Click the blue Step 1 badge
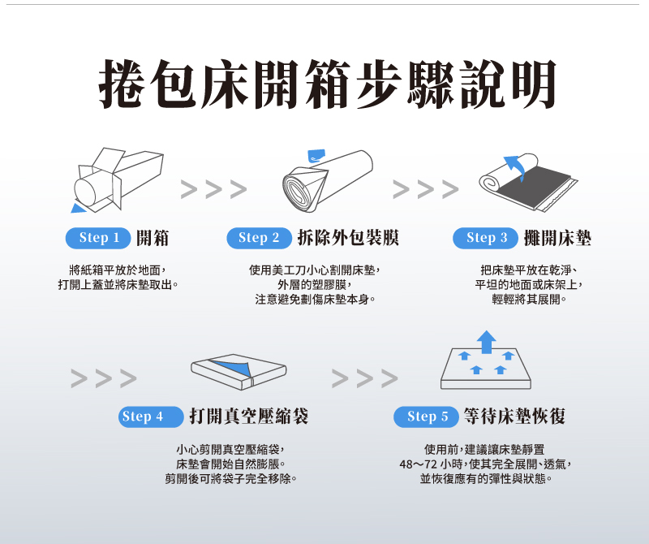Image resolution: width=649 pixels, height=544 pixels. pyautogui.click(x=98, y=238)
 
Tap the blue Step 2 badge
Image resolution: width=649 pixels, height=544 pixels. pyautogui.click(x=259, y=238)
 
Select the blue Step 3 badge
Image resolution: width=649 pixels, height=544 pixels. pyautogui.click(x=485, y=238)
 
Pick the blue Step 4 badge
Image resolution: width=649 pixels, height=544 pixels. pyautogui.click(x=151, y=417)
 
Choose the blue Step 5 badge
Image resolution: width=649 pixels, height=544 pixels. pyautogui.click(x=427, y=417)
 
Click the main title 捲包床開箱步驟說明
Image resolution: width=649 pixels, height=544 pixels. pyautogui.click(x=328, y=84)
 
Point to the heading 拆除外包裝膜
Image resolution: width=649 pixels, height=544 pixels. pyautogui.click(x=348, y=238)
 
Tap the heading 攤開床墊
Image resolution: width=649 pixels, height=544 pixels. pyautogui.click(x=557, y=238)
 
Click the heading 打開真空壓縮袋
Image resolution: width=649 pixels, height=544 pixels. pyautogui.click(x=249, y=417)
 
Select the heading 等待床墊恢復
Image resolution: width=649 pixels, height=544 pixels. pyautogui.click(x=514, y=417)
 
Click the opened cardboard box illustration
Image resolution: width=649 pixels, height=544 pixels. pyautogui.click(x=118, y=179)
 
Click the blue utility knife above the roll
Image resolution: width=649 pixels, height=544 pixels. pyautogui.click(x=316, y=155)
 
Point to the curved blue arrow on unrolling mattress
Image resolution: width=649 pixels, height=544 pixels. pyautogui.click(x=516, y=166)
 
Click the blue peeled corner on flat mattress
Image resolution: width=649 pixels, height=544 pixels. pyautogui.click(x=234, y=369)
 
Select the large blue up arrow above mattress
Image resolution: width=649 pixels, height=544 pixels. pyautogui.click(x=486, y=342)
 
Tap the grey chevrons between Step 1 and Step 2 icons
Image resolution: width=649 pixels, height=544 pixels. pyautogui.click(x=213, y=189)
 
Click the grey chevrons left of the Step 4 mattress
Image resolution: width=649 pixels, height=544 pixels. pyautogui.click(x=104, y=378)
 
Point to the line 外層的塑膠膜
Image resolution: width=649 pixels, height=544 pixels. pyautogui.click(x=315, y=285)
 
